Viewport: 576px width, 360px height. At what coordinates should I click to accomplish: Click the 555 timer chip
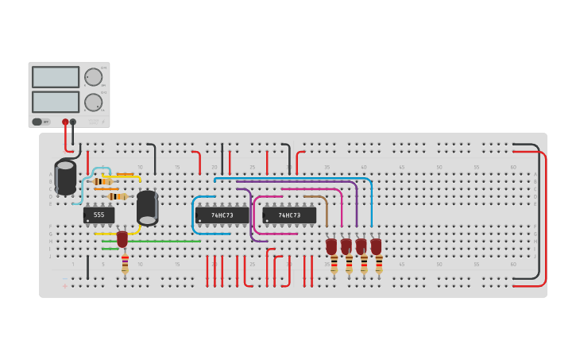click(x=99, y=215)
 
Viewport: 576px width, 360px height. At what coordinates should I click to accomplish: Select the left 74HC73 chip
click(x=222, y=215)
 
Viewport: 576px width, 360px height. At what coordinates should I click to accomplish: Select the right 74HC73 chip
click(x=289, y=215)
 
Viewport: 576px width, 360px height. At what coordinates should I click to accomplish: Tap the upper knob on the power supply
click(x=93, y=77)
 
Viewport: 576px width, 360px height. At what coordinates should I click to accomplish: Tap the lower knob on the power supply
click(x=93, y=102)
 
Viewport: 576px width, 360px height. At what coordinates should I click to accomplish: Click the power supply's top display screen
click(x=56, y=77)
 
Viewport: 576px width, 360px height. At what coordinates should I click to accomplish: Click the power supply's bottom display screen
click(x=56, y=102)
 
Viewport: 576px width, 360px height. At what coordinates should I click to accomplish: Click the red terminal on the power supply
click(x=65, y=122)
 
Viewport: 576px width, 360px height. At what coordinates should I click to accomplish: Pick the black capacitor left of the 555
click(x=65, y=176)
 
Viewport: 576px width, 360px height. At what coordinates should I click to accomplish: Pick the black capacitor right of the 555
click(x=147, y=207)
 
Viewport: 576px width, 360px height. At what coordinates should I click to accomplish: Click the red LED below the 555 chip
click(x=122, y=238)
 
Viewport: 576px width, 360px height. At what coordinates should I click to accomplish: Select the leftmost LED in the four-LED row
click(x=331, y=246)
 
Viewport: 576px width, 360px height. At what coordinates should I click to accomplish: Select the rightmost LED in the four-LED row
click(x=376, y=246)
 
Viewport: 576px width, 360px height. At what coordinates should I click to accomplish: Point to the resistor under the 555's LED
click(x=125, y=264)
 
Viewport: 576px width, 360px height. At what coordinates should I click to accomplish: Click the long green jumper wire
click(x=163, y=241)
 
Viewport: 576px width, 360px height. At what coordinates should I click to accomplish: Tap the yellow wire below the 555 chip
click(x=107, y=234)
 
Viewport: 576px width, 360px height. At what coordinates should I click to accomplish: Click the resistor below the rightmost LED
click(x=379, y=264)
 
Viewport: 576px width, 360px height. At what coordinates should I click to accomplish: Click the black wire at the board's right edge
click(x=538, y=215)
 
